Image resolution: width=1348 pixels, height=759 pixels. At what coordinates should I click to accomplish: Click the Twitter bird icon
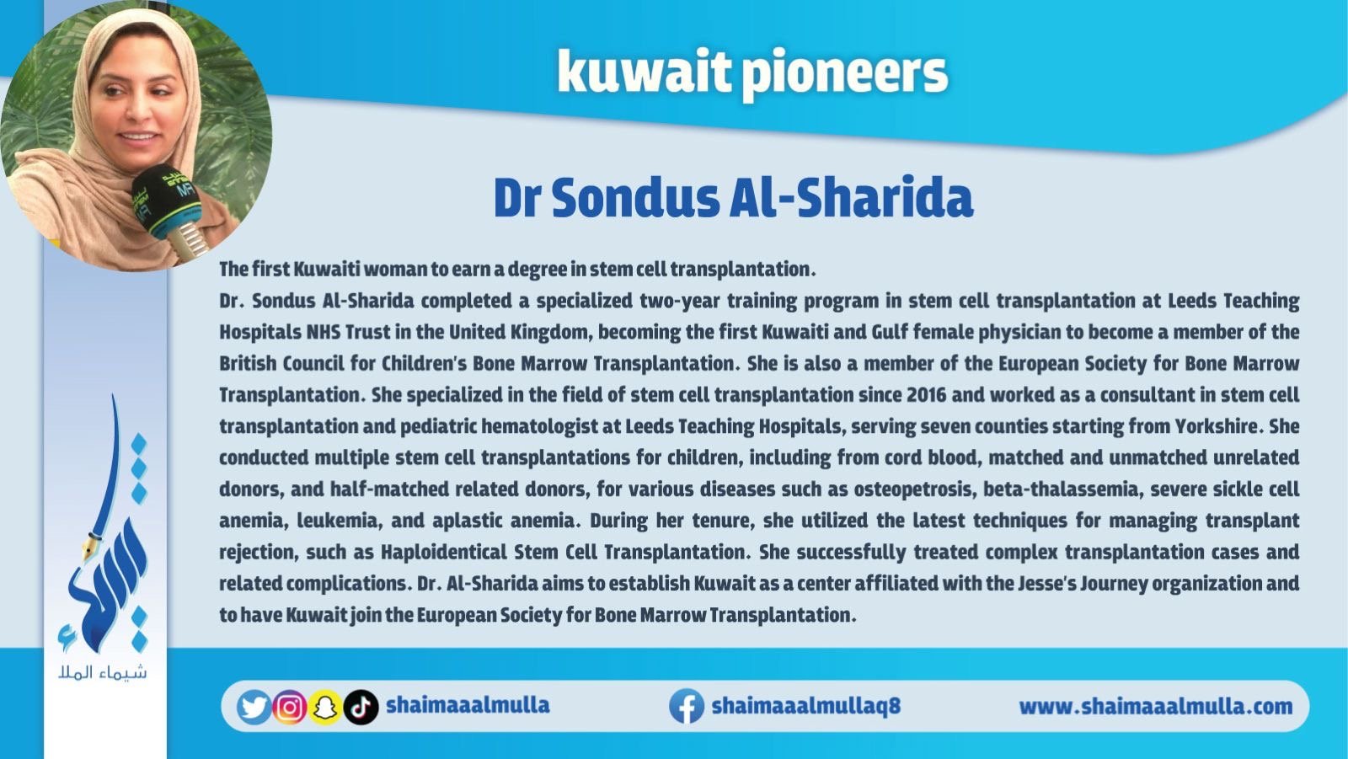click(254, 707)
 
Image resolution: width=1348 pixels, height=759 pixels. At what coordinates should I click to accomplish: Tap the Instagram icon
click(290, 707)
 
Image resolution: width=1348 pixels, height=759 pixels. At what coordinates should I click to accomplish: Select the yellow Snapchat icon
click(325, 707)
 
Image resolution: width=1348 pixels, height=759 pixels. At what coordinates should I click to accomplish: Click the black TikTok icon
click(361, 707)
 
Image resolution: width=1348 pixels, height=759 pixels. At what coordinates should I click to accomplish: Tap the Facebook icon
click(687, 706)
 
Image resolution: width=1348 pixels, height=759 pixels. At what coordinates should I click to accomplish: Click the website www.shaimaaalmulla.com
click(1155, 706)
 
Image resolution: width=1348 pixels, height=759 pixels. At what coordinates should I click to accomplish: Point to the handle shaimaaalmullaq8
click(805, 705)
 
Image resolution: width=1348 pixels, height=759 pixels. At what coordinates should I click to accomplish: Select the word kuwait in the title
click(644, 71)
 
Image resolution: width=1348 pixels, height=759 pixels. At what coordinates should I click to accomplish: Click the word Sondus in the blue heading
click(635, 198)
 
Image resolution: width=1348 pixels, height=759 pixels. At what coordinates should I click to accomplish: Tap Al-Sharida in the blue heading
click(851, 197)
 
